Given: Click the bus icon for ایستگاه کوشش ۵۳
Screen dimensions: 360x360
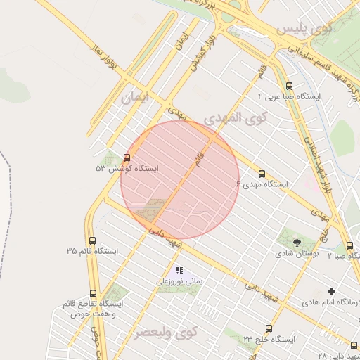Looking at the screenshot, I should pyautogui.click(x=127, y=157).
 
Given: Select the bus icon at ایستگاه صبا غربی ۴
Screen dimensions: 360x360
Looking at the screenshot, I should pyautogui.click(x=290, y=85).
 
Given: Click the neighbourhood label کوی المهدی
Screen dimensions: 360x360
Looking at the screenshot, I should pyautogui.click(x=236, y=117).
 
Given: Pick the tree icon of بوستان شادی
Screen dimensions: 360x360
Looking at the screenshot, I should pyautogui.click(x=296, y=242).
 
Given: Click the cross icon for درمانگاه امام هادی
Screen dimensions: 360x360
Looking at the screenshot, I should pyautogui.click(x=332, y=290).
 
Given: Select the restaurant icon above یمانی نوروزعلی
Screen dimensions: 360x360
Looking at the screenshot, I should pyautogui.click(x=179, y=269).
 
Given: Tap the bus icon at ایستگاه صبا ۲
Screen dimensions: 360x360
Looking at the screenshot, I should pyautogui.click(x=349, y=245).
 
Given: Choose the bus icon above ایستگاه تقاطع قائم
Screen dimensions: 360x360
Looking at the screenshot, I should pyautogui.click(x=93, y=293).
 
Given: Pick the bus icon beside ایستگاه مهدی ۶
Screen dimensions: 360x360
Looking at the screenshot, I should pyautogui.click(x=262, y=174).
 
